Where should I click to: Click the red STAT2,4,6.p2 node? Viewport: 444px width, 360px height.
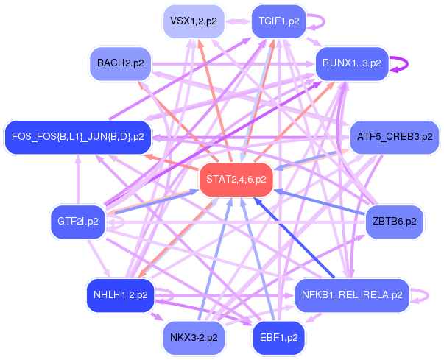pos(236,180)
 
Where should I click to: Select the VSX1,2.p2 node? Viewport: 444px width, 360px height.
pos(194,21)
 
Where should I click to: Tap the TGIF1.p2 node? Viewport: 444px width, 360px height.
pos(279,21)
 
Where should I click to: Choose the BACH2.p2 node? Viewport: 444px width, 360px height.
pos(120,63)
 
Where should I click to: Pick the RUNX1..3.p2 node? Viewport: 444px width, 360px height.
pos(352,63)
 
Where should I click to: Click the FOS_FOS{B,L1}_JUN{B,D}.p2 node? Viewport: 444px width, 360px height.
pos(78,137)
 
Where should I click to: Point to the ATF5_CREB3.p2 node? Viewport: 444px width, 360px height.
pos(395,137)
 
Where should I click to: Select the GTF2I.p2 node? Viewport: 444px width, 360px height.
pos(78,222)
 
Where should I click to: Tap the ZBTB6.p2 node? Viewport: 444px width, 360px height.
pos(395,222)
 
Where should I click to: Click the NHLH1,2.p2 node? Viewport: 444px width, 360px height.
pos(120,295)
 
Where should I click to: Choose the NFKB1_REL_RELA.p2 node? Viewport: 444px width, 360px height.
pos(352,295)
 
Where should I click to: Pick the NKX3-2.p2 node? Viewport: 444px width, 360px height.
pos(194,338)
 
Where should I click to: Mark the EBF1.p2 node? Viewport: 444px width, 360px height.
pos(279,338)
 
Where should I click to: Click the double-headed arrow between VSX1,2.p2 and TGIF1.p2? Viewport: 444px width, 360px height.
pos(239,21)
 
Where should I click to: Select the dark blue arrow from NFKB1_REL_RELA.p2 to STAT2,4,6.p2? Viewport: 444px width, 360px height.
pos(295,237)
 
